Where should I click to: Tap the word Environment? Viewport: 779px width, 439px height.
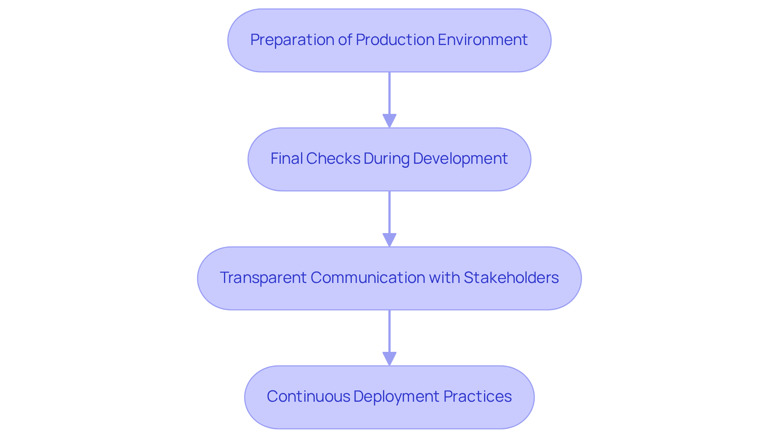pyautogui.click(x=482, y=40)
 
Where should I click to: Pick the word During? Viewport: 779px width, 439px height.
pyautogui.click(x=386, y=158)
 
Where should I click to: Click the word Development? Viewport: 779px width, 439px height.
pyautogui.click(x=460, y=158)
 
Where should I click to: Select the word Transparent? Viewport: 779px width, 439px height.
pyautogui.click(x=263, y=278)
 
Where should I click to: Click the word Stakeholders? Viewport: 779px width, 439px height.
pyautogui.click(x=511, y=278)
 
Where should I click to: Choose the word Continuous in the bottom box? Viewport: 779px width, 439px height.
pyautogui.click(x=308, y=396)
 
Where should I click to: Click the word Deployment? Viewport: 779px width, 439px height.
pyautogui.click(x=396, y=396)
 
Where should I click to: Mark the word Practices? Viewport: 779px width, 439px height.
pyautogui.click(x=477, y=396)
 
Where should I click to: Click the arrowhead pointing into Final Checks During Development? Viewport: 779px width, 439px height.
pyautogui.click(x=389, y=121)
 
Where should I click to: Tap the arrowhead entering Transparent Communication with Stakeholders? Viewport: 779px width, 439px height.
pyautogui.click(x=389, y=240)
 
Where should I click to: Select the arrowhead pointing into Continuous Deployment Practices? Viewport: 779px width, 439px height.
pyautogui.click(x=389, y=359)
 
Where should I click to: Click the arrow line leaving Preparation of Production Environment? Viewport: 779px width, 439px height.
pyautogui.click(x=389, y=93)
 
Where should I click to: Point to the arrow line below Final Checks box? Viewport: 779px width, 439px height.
pyautogui.click(x=389, y=212)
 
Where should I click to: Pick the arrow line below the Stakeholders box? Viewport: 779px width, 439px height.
pyautogui.click(x=389, y=331)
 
